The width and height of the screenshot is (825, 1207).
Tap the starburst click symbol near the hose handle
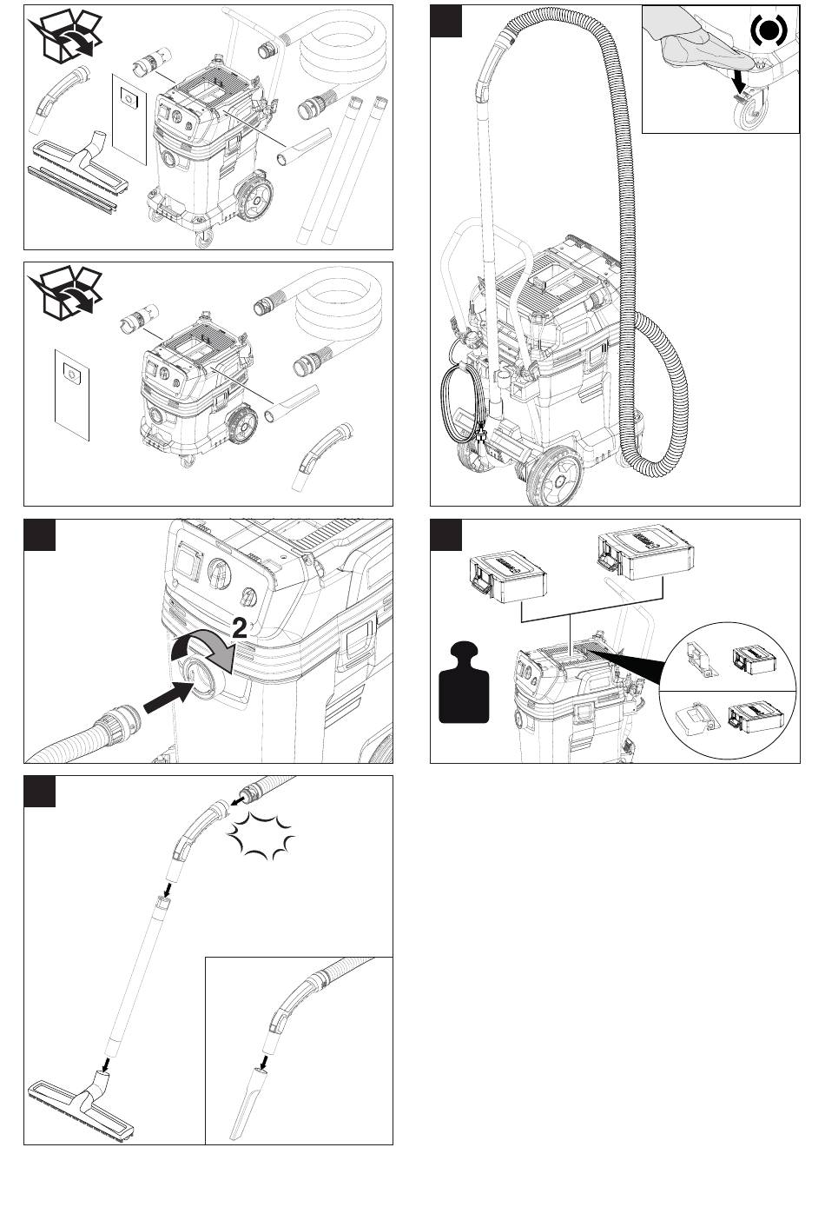(261, 835)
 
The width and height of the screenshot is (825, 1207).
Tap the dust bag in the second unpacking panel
(72, 395)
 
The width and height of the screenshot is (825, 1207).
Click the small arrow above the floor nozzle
(106, 1064)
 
